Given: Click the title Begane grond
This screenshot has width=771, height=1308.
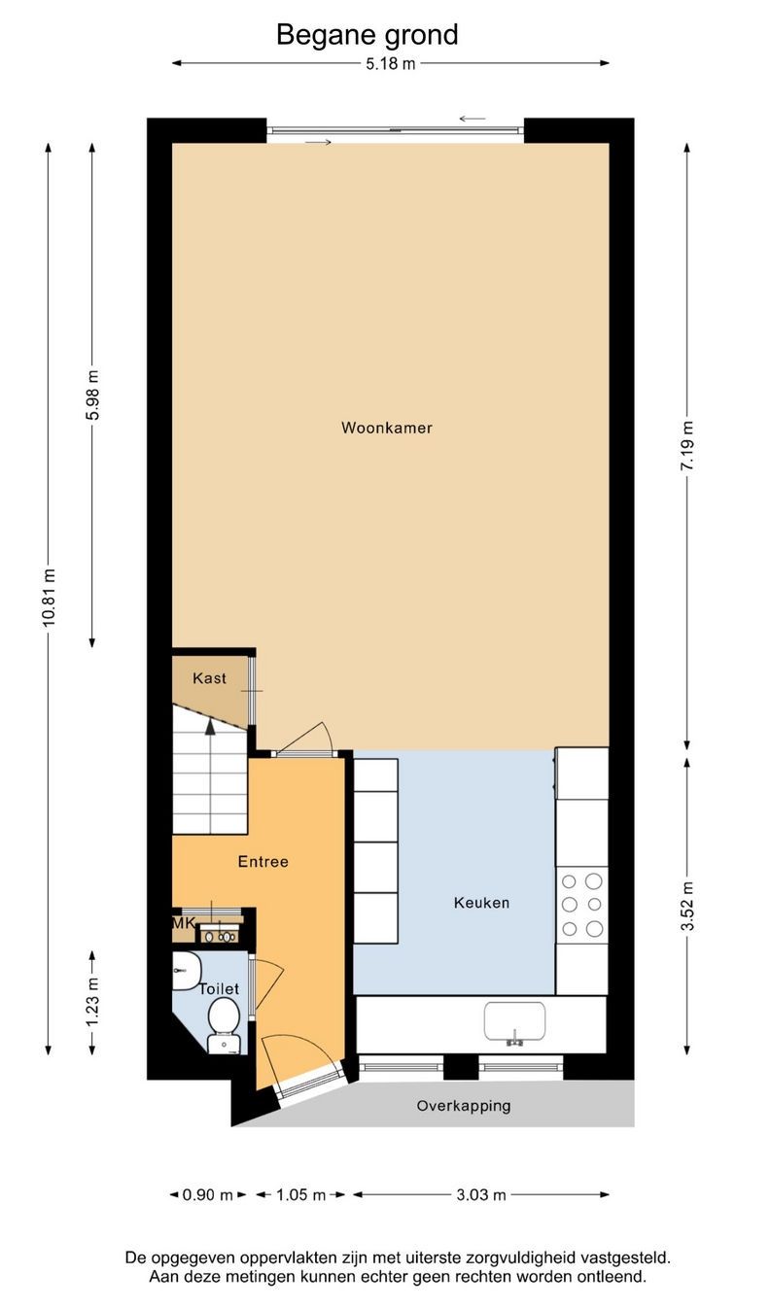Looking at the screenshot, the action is (x=367, y=35).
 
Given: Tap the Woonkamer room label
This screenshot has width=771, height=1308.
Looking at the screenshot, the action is (x=387, y=428).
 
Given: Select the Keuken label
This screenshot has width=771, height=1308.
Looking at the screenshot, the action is (x=481, y=903).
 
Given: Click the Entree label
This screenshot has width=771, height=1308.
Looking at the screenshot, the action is (x=263, y=861).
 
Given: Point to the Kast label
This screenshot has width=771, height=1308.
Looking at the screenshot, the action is (x=209, y=678).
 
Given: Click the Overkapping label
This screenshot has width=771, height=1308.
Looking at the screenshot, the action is (x=464, y=1106).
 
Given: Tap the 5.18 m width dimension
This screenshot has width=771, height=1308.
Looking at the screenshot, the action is (x=390, y=63).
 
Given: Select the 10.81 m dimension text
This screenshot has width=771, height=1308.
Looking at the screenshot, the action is (x=49, y=598).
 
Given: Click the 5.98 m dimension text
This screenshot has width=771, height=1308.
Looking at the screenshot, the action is (x=92, y=395).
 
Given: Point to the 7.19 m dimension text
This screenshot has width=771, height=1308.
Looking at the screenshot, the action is (x=687, y=445).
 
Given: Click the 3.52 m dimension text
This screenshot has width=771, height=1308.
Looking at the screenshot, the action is (x=687, y=907).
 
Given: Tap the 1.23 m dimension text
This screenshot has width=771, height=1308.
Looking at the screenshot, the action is (x=92, y=1002).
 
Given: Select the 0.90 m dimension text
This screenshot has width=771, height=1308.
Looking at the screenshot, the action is (x=207, y=1194).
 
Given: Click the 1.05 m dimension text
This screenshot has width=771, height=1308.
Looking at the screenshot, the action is (x=300, y=1194).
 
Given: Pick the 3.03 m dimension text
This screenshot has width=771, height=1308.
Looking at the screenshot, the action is (x=480, y=1194).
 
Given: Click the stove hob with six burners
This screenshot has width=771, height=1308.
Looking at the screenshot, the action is (x=581, y=905).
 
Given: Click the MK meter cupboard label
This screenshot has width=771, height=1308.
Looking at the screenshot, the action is (x=184, y=923).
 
